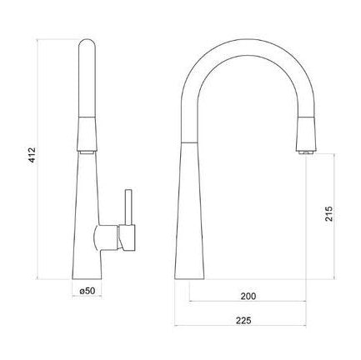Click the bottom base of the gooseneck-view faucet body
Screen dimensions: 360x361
(x=190, y=276)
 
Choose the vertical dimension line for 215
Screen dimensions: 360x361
(x=338, y=217)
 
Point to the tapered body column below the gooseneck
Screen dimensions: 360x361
(x=191, y=217)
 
